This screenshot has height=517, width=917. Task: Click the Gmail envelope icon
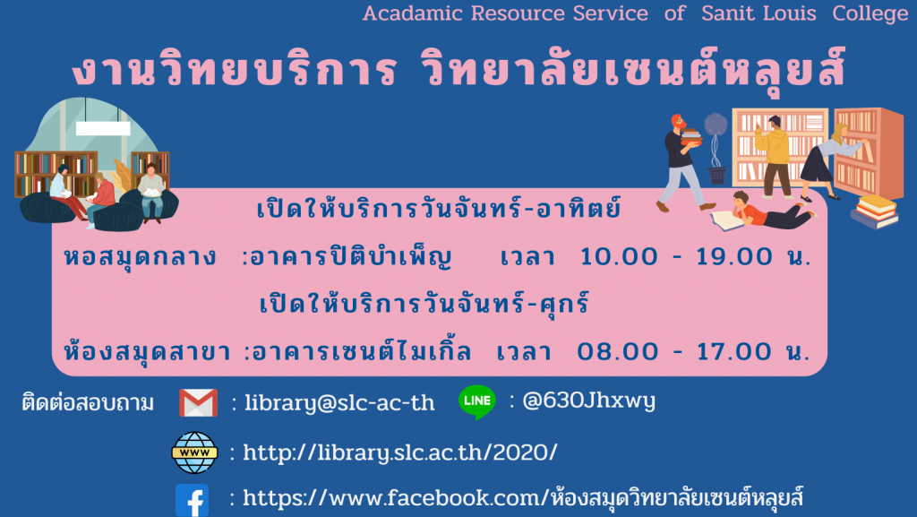198,402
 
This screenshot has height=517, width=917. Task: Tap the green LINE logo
477,401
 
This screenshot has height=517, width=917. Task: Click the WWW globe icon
194,452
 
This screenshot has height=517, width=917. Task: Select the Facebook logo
192,501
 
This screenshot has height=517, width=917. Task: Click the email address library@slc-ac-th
339,403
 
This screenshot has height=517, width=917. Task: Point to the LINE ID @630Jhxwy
588,401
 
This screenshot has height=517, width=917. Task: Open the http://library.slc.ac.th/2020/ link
400,452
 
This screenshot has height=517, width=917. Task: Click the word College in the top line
870,13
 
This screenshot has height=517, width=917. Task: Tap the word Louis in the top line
788,13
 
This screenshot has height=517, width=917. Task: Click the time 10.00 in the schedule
619,256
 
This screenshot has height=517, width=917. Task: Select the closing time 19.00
734,256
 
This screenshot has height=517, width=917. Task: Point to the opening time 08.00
615,351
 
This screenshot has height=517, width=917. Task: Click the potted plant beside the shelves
716,148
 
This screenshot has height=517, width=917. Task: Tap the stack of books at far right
875,211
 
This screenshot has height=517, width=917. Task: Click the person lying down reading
763,213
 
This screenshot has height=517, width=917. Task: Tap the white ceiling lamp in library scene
103,128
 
